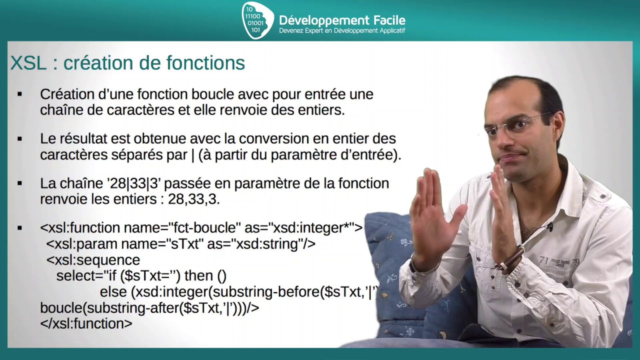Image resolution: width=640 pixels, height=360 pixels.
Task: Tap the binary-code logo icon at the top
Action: point(256,20)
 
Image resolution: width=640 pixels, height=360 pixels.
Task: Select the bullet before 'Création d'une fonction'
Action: point(20,94)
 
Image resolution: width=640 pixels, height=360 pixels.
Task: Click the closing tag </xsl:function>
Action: point(86,323)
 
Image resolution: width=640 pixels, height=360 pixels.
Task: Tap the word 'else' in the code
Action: point(113,291)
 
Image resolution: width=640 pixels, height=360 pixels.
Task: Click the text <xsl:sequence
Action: point(93,260)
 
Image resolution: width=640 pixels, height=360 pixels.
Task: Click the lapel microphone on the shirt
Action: point(549,227)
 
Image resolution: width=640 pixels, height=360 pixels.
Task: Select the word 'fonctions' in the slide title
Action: point(205,63)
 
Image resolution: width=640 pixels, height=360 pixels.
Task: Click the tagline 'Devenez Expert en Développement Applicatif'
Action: point(341,31)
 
